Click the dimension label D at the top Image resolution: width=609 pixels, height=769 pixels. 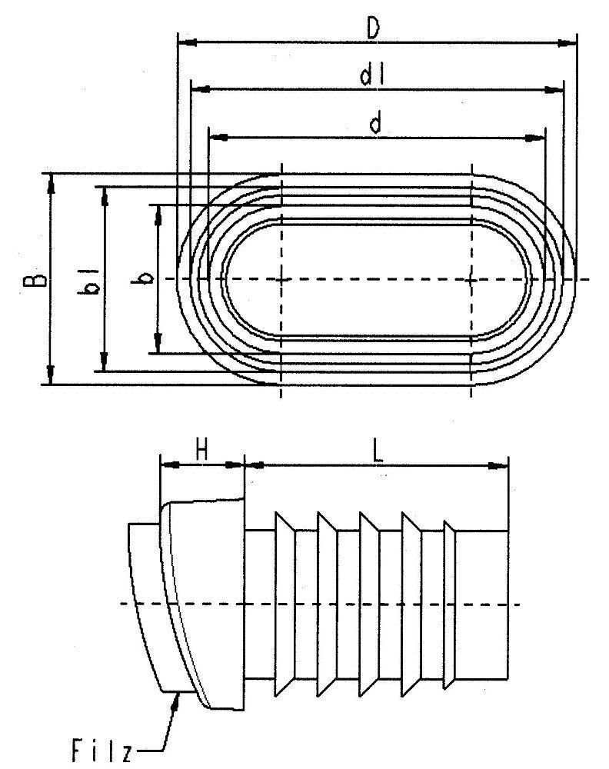click(374, 29)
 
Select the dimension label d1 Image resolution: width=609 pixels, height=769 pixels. click(371, 76)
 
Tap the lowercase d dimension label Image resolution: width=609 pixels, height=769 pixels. click(375, 123)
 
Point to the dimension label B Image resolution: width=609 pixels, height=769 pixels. click(34, 280)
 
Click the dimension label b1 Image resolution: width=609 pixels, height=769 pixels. click(90, 281)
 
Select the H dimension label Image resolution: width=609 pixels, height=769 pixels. click(201, 450)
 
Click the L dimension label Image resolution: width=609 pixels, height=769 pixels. click(377, 451)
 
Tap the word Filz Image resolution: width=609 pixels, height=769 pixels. click(101, 751)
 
